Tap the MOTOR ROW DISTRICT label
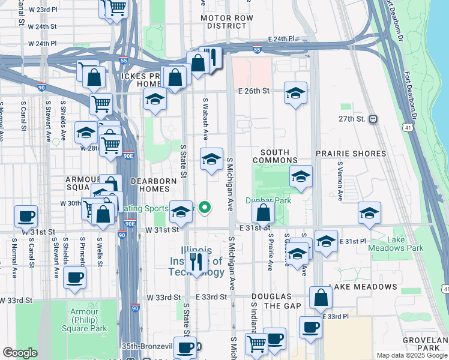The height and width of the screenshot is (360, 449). point(227,22)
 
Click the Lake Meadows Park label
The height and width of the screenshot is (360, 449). point(405,244)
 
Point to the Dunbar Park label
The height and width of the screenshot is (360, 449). point(268,200)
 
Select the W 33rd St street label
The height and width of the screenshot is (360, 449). point(163,297)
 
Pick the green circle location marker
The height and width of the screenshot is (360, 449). point(205,208)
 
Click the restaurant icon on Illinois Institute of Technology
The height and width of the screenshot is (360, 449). point(196,262)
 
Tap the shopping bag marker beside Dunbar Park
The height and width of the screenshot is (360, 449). point(263,212)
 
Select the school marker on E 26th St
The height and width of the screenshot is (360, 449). point(295,93)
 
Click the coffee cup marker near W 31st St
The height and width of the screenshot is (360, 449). point(26,216)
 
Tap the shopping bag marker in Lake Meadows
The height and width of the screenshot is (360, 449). point(321,297)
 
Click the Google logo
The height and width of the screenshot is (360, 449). point(20,353)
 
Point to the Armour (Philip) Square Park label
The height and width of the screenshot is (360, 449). point(84,320)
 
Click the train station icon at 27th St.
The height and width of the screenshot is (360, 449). point(373,119)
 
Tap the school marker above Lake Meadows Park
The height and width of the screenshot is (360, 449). point(369,213)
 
